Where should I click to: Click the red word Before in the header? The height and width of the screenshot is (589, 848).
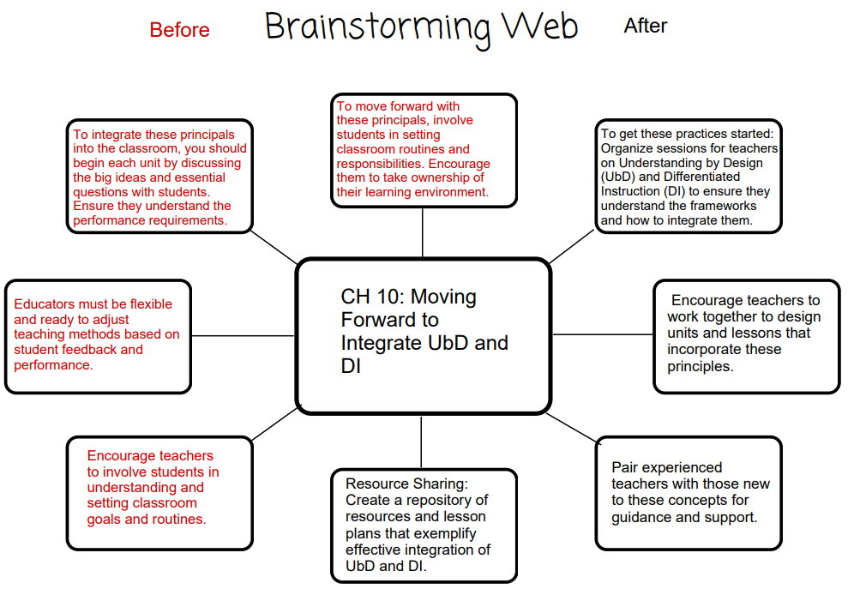179,30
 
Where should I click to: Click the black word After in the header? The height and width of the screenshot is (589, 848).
645,27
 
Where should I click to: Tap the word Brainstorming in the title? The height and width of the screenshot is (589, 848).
377,27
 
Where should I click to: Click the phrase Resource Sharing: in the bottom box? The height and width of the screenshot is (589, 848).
406,484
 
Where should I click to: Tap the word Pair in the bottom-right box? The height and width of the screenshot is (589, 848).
625,467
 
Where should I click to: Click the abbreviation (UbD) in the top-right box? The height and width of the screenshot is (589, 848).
619,177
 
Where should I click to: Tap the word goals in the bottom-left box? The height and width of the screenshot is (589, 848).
106,519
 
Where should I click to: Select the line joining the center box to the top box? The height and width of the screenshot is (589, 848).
423,232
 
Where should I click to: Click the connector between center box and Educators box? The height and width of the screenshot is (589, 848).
244,335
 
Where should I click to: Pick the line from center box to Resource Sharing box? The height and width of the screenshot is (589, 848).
421,442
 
